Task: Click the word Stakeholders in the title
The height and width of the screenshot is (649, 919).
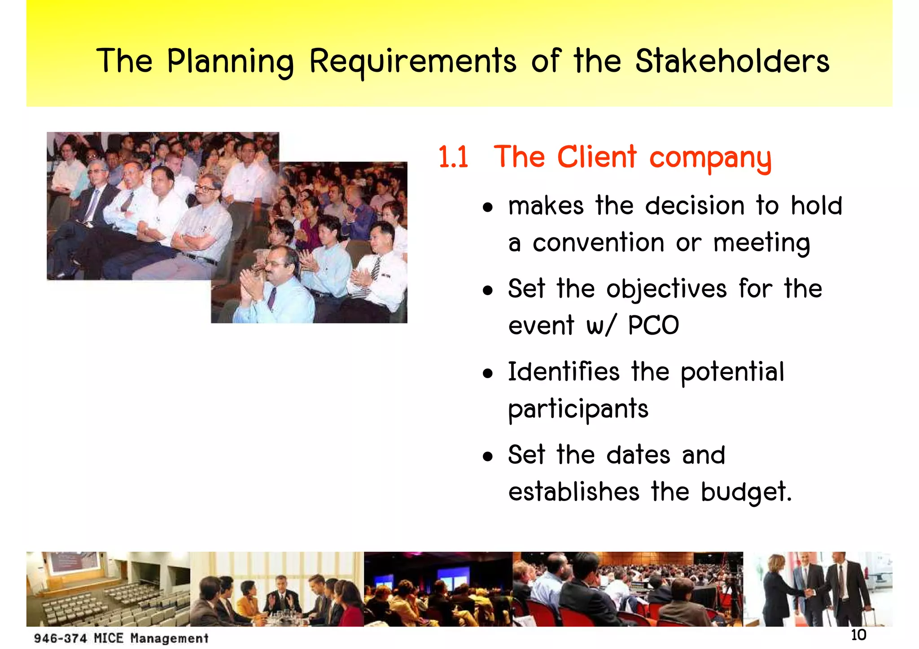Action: (x=732, y=61)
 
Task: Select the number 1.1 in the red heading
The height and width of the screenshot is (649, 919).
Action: (x=453, y=157)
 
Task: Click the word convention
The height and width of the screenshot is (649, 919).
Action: (x=598, y=243)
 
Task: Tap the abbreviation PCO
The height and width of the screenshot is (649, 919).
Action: (x=653, y=325)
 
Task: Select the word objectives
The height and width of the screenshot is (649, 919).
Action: (x=666, y=289)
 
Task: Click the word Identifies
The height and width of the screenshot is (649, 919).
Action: (x=564, y=372)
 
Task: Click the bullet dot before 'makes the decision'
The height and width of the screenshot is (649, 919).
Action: (x=488, y=208)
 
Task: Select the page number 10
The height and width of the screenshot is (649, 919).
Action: (x=858, y=635)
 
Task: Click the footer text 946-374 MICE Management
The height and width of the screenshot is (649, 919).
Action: (x=121, y=638)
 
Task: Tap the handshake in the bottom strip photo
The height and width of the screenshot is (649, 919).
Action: (x=810, y=592)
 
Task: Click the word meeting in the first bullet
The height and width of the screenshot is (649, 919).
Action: (x=761, y=243)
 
